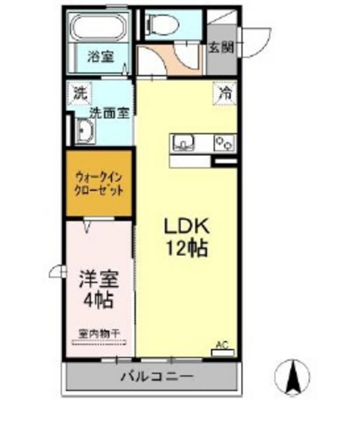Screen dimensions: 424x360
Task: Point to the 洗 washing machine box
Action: (x=80, y=95)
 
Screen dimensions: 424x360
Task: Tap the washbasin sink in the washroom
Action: (x=84, y=134)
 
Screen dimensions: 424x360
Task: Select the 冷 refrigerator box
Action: (x=225, y=94)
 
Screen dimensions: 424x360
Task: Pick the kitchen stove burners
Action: (x=226, y=142)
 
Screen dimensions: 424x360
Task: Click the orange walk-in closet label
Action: (x=99, y=184)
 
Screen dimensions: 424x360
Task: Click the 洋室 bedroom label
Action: (x=97, y=278)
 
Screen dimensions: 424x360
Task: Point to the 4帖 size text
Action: (x=99, y=300)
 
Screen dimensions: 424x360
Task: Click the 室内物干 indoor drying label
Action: (x=99, y=332)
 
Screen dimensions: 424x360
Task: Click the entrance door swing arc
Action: (x=258, y=36)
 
